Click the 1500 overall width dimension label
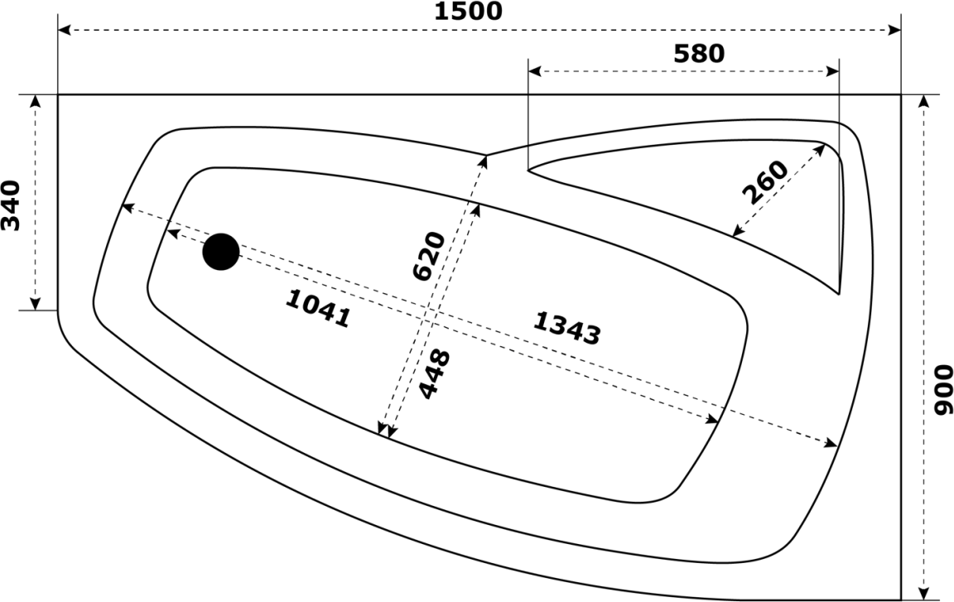(468, 11)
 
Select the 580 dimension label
(699, 54)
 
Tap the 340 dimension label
(11, 205)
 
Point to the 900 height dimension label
(942, 390)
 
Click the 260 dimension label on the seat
(765, 182)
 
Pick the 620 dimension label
(429, 256)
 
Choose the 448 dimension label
(435, 373)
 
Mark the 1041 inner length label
(318, 308)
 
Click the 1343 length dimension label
(567, 328)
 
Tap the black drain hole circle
(221, 252)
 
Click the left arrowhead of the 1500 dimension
(64, 30)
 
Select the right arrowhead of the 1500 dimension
(894, 30)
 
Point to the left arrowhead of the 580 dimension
(535, 72)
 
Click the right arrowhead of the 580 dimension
(832, 72)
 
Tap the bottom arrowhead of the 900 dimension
(924, 594)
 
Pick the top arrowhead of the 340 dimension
(36, 102)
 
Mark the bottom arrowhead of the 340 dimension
(36, 303)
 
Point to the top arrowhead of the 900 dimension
(924, 102)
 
